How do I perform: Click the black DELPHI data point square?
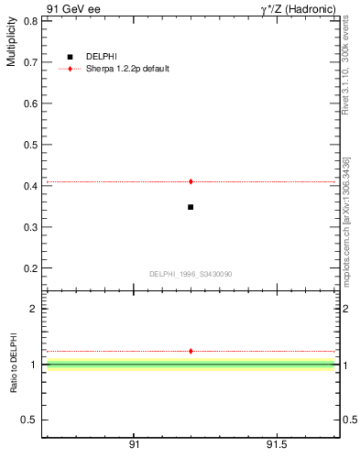(191, 207)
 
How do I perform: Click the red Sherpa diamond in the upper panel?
(191, 181)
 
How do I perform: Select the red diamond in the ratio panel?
(191, 351)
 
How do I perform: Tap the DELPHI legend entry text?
(101, 57)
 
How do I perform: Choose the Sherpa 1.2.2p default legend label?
(127, 69)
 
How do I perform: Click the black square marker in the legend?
(70, 57)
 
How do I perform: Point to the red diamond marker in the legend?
(70, 69)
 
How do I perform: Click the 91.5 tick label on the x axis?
(277, 445)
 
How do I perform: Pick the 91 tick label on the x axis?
(134, 445)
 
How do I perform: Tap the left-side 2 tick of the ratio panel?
(33, 309)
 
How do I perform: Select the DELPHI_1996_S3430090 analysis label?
(191, 274)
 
